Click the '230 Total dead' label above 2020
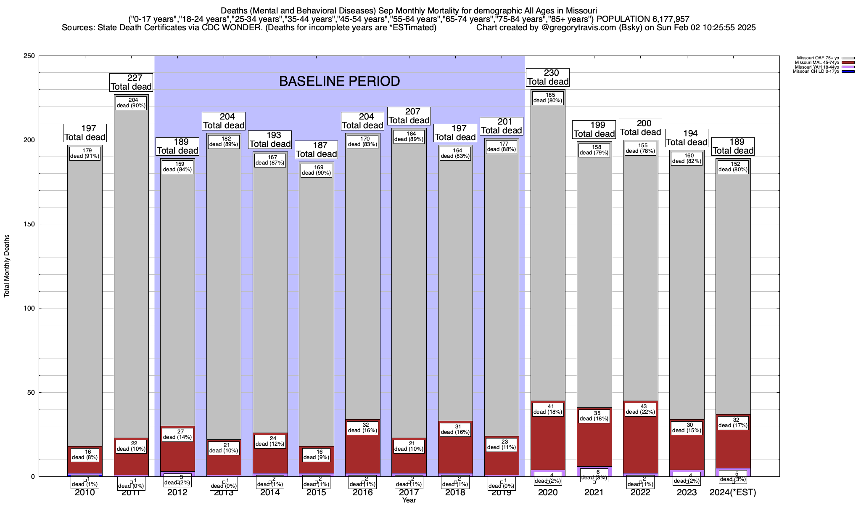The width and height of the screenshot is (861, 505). [548, 77]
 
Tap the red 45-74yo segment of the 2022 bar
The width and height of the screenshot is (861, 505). [641, 446]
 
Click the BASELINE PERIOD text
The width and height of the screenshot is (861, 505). [339, 81]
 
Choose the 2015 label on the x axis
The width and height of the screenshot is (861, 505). [316, 492]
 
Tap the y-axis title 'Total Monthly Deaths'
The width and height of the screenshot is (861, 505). [7, 266]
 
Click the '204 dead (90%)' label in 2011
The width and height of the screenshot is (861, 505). [131, 103]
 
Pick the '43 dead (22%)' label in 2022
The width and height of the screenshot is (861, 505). [640, 409]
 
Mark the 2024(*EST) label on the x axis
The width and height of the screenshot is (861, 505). [733, 492]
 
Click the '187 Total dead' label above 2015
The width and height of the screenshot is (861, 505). [316, 150]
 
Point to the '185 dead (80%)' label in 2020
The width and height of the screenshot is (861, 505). [548, 98]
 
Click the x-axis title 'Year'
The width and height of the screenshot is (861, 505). [409, 500]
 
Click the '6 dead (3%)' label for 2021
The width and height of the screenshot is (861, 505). [594, 475]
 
